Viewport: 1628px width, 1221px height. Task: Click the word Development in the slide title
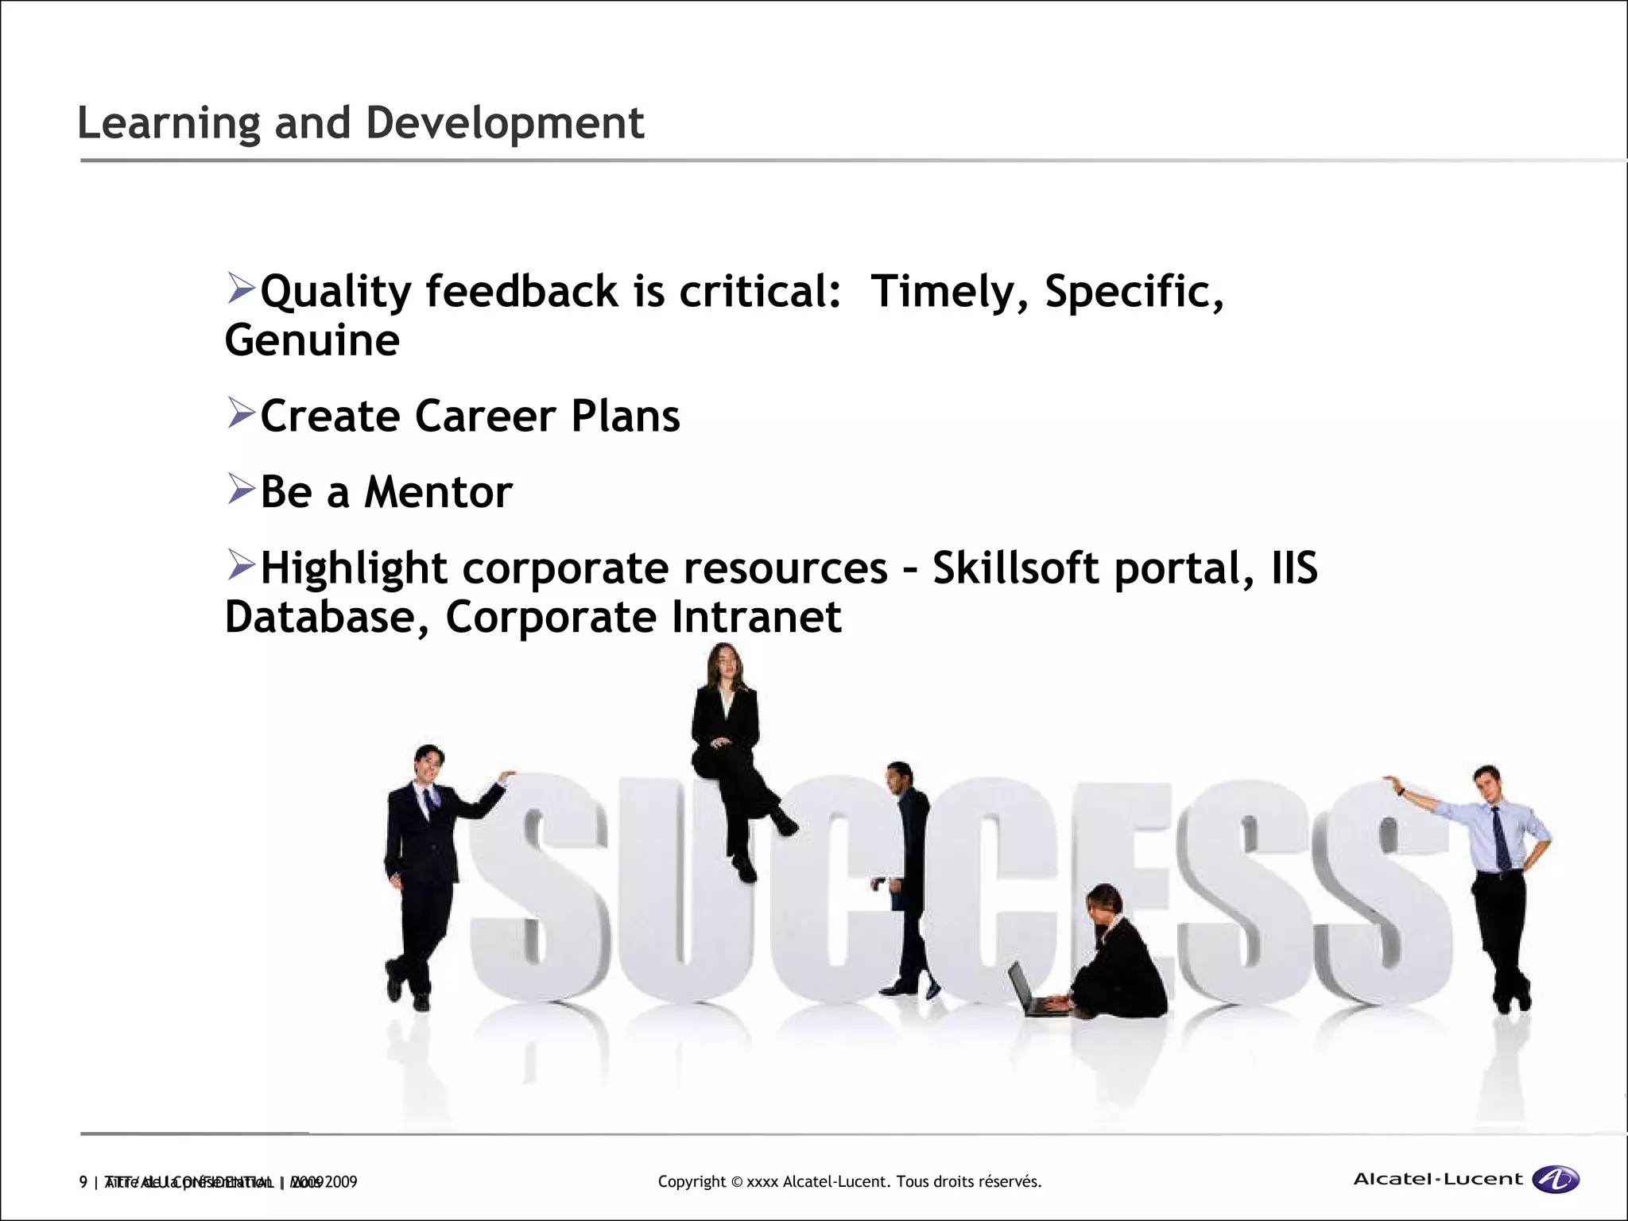point(504,123)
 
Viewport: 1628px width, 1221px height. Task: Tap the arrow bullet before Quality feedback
point(240,288)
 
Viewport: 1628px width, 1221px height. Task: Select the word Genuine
point(312,341)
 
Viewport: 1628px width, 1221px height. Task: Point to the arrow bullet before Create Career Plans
point(240,413)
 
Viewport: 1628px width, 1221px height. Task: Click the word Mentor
point(438,492)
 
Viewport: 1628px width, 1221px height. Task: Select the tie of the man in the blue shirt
point(1501,839)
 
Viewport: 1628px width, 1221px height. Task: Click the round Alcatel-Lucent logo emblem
point(1556,1180)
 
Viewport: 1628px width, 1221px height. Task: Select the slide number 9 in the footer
point(83,1182)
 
